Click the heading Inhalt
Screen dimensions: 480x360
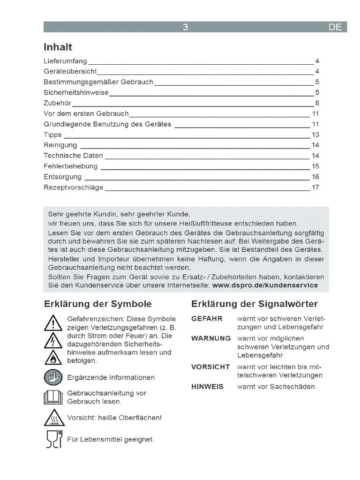point(58,47)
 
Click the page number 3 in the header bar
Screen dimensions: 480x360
point(186,27)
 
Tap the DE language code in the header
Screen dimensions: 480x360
point(335,27)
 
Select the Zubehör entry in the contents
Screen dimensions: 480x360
point(57,103)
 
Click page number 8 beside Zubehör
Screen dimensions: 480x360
point(317,103)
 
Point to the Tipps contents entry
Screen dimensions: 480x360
point(52,135)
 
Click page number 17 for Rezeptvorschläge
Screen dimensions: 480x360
point(315,187)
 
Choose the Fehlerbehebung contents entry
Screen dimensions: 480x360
point(70,166)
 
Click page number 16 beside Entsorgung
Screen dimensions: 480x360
point(315,177)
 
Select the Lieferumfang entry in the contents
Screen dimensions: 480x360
point(65,61)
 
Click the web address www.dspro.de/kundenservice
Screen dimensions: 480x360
point(265,285)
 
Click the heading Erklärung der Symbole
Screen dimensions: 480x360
point(97,304)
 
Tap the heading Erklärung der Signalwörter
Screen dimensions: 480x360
point(255,304)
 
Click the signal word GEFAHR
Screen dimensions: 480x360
point(207,319)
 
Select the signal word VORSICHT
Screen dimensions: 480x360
point(210,367)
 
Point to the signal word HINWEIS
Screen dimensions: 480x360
point(207,387)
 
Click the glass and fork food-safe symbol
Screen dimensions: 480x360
point(54,439)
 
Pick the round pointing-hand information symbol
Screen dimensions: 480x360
point(53,377)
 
